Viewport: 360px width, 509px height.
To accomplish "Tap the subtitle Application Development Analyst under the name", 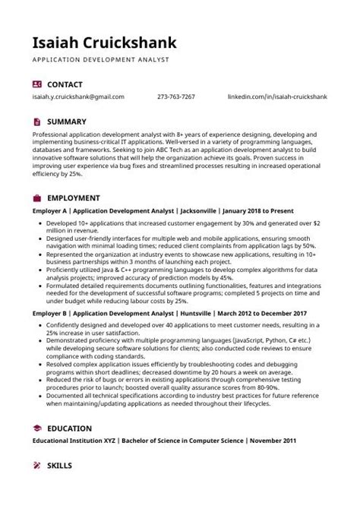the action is (100, 59).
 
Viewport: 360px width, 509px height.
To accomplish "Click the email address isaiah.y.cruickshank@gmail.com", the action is (77, 97).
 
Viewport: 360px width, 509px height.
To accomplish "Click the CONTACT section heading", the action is (65, 84).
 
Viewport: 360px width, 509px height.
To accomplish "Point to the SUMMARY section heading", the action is (67, 122).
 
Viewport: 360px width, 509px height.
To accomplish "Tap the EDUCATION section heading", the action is (70, 428).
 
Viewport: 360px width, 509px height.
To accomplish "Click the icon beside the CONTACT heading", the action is (37, 84).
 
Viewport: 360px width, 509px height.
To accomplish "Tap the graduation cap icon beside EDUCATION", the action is (37, 428).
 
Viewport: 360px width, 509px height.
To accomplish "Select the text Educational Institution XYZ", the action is (74, 441).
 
